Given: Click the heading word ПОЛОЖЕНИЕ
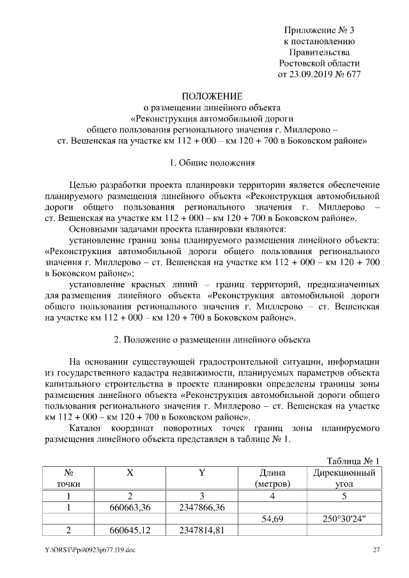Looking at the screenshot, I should point(211,96).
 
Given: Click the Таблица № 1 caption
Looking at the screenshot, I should point(352,460).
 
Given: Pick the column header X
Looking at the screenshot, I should point(130,473).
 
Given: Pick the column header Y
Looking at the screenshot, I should point(201,473).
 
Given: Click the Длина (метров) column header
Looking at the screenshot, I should point(272,478).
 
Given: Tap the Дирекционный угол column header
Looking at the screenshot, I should point(344,478).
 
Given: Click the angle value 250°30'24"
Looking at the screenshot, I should point(344,519).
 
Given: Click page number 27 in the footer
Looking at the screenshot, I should point(376,550).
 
